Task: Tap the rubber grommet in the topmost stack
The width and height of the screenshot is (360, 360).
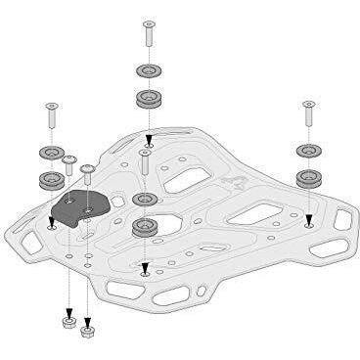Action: point(149,99)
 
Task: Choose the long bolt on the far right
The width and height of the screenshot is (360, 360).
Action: point(309,116)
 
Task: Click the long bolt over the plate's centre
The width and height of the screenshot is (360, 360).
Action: point(144,164)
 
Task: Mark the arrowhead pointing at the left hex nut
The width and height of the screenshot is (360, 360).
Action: point(67,304)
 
